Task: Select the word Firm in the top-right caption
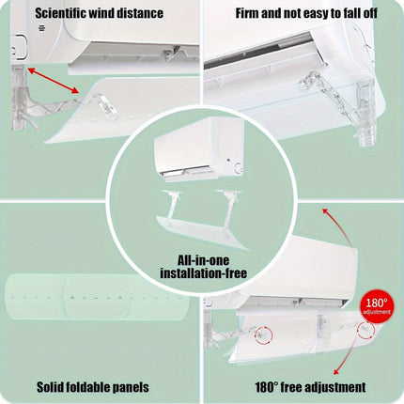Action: tap(247, 13)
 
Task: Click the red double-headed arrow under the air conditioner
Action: tap(54, 81)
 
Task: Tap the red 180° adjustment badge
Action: tap(376, 306)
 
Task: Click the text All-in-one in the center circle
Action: tap(204, 260)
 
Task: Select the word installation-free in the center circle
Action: tap(204, 273)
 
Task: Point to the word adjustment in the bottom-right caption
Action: tap(335, 388)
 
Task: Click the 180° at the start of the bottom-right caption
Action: tap(267, 387)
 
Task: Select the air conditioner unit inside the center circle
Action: tap(199, 149)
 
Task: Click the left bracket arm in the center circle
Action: tap(171, 204)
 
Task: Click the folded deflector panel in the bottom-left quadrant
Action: tap(98, 297)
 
